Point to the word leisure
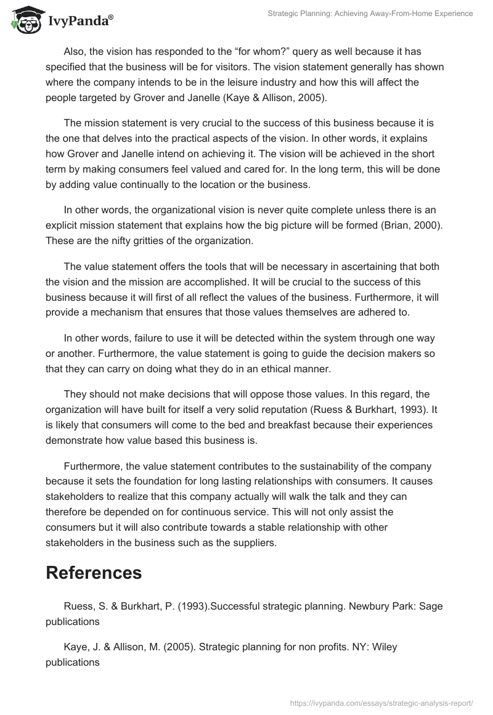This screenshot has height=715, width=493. click(x=245, y=82)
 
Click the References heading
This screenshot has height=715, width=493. click(x=94, y=573)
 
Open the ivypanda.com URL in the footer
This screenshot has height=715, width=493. click(x=380, y=702)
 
